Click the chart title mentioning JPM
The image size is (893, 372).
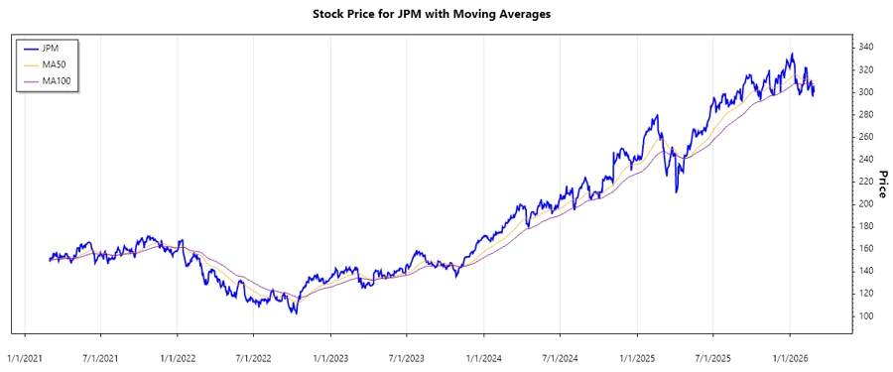pos(446,15)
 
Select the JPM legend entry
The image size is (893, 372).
pos(51,48)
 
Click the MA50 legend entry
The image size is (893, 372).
pos(54,64)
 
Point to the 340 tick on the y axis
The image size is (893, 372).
pos(866,48)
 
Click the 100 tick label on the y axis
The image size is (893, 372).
pos(866,315)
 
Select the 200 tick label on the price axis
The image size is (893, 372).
pos(866,203)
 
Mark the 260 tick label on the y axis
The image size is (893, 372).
pos(866,137)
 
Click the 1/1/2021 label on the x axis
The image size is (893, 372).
pos(24,353)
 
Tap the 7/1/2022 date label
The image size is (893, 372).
pos(253,353)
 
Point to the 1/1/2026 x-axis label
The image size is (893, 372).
pos(790,353)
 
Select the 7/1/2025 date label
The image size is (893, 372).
pos(712,353)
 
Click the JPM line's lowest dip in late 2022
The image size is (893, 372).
pos(295,313)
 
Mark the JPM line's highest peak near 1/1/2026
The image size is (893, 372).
pos(791,54)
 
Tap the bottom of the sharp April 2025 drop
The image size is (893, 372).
pos(677,191)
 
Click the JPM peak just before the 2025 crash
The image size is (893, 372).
pos(657,116)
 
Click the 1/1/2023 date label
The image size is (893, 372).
pos(329,353)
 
